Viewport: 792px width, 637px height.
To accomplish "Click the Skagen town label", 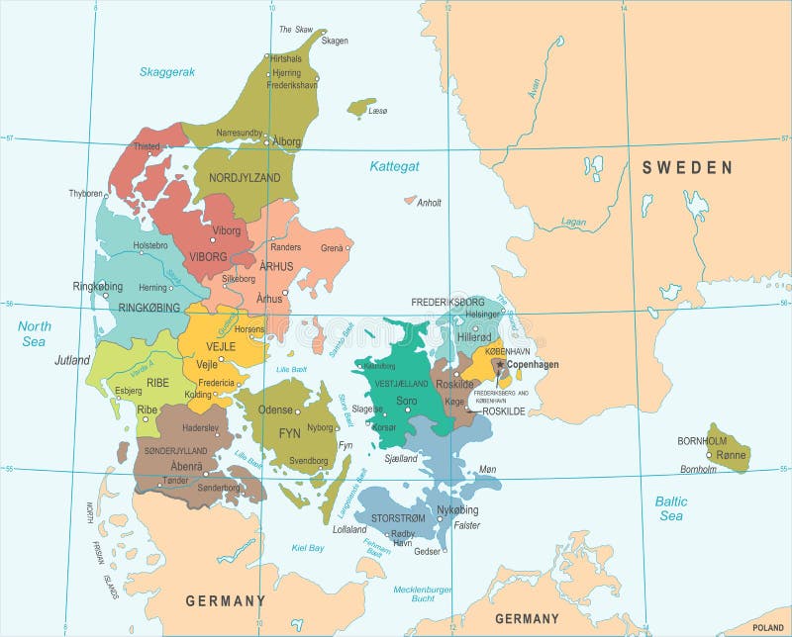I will [336, 42].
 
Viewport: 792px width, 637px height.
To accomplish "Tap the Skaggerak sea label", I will [167, 72].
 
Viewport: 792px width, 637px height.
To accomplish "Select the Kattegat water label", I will [395, 166].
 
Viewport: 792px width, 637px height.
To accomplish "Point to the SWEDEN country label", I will [687, 168].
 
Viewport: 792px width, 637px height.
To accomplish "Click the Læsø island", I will [361, 106].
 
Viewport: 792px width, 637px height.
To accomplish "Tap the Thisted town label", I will [147, 147].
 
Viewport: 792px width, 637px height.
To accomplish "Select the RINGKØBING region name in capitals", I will [148, 308].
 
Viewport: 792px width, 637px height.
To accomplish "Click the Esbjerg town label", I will [129, 391].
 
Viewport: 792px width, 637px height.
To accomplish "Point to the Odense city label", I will [275, 410].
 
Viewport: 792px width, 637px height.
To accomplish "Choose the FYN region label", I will [289, 433].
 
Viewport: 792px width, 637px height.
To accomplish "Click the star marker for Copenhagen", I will [500, 364].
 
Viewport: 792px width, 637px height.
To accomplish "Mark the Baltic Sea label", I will [670, 508].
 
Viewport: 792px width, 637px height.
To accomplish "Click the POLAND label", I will [767, 628].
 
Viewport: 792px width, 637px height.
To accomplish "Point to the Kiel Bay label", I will [308, 548].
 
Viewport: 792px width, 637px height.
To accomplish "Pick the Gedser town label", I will [428, 551].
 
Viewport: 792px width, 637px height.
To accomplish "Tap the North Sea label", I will [34, 333].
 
